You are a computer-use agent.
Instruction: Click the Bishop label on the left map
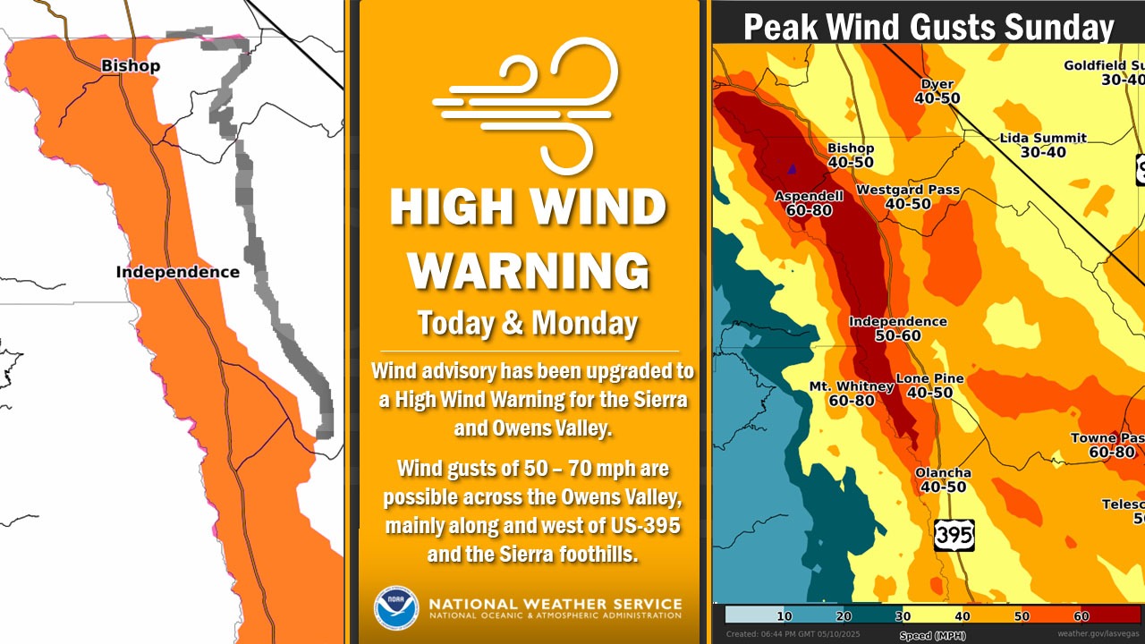(x=131, y=66)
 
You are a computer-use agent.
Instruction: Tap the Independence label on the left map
(x=177, y=272)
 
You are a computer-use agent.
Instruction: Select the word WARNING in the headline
(x=529, y=269)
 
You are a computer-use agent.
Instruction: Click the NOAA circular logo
(x=396, y=608)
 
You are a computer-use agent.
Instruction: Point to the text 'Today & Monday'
(x=528, y=323)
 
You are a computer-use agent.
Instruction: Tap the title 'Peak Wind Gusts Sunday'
(x=929, y=27)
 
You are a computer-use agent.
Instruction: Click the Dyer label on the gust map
(x=937, y=85)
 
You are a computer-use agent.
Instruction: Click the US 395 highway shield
(x=954, y=534)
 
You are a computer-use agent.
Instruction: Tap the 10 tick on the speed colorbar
(x=784, y=616)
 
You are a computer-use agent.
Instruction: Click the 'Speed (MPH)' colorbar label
(x=927, y=635)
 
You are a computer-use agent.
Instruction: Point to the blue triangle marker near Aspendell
(x=791, y=167)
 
